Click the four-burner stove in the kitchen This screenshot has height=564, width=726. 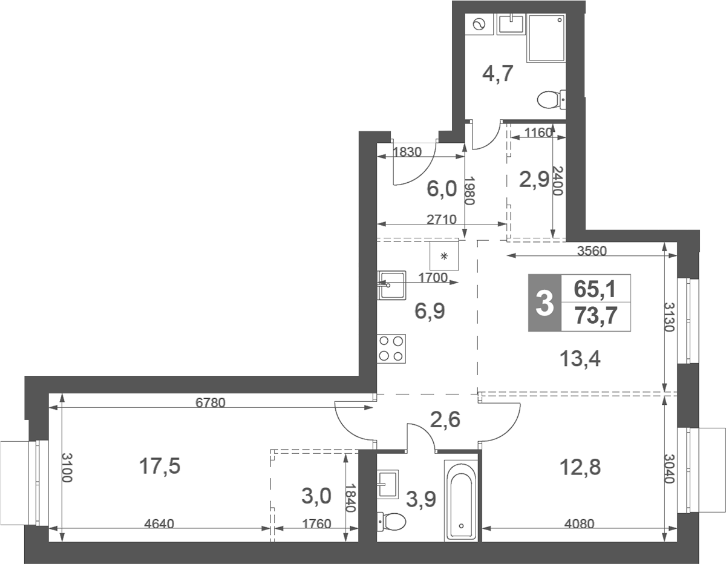coord(391,349)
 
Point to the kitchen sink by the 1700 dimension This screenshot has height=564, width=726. coord(391,285)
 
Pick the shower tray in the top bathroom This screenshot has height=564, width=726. coord(546,38)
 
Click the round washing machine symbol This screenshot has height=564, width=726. coord(479,24)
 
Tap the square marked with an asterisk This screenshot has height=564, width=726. coord(445,255)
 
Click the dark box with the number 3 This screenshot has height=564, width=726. coord(544,303)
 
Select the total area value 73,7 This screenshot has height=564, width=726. coord(595,317)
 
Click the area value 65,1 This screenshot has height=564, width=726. coord(595,289)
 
